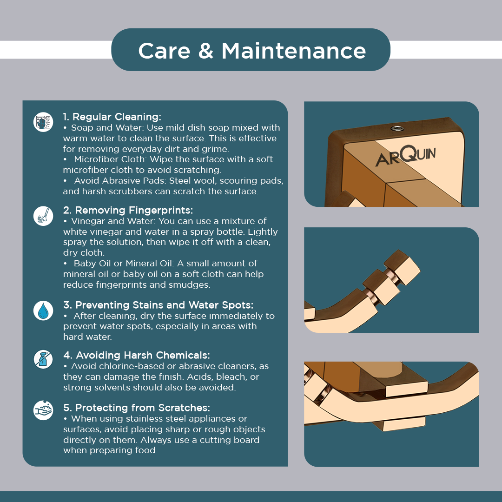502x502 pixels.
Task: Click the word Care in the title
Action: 164,51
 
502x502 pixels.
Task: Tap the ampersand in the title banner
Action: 205,51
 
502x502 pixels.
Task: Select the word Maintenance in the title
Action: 294,51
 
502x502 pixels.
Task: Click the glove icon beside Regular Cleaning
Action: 43,122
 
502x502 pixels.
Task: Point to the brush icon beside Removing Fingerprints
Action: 43,216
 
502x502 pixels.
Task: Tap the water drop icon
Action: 43,310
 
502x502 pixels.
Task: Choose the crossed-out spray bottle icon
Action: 43,359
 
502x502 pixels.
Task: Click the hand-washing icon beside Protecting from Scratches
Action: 43,410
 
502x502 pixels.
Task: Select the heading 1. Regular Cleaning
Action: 112,117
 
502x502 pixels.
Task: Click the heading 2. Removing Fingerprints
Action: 128,211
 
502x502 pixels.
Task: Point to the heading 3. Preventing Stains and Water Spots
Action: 158,305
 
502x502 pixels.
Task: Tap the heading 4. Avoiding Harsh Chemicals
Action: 136,356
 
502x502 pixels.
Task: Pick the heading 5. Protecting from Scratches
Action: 137,408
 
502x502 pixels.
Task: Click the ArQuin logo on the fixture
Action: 406,156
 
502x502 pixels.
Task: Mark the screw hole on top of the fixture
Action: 397,129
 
